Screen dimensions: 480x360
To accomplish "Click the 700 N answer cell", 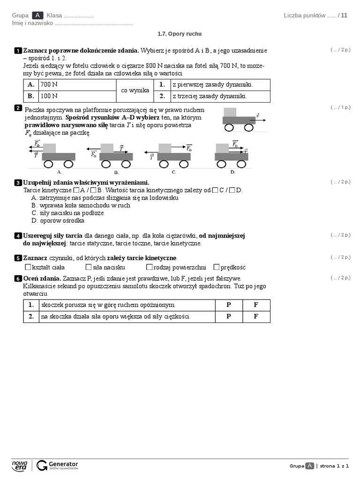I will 77,85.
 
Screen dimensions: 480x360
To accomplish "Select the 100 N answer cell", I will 77,96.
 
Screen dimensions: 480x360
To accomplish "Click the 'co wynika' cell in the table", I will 135,90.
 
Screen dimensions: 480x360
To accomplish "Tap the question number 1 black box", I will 18,50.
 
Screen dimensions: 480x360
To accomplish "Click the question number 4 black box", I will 18,236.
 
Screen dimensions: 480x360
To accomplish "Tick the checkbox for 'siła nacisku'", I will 89,267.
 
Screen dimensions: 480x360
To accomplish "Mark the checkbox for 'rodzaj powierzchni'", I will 149,267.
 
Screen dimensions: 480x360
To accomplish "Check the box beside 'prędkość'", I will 217,267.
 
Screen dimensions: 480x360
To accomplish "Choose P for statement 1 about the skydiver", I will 229,305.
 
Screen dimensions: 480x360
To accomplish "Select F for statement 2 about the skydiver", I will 256,316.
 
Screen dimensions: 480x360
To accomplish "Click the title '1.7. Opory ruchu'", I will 180,34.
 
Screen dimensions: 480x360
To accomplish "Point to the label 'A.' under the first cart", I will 60,172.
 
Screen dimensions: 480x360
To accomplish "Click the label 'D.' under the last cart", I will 232,172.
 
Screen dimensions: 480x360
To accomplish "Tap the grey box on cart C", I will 165,148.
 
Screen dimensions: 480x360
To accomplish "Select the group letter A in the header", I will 38,15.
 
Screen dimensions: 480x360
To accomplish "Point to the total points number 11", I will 344,15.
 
